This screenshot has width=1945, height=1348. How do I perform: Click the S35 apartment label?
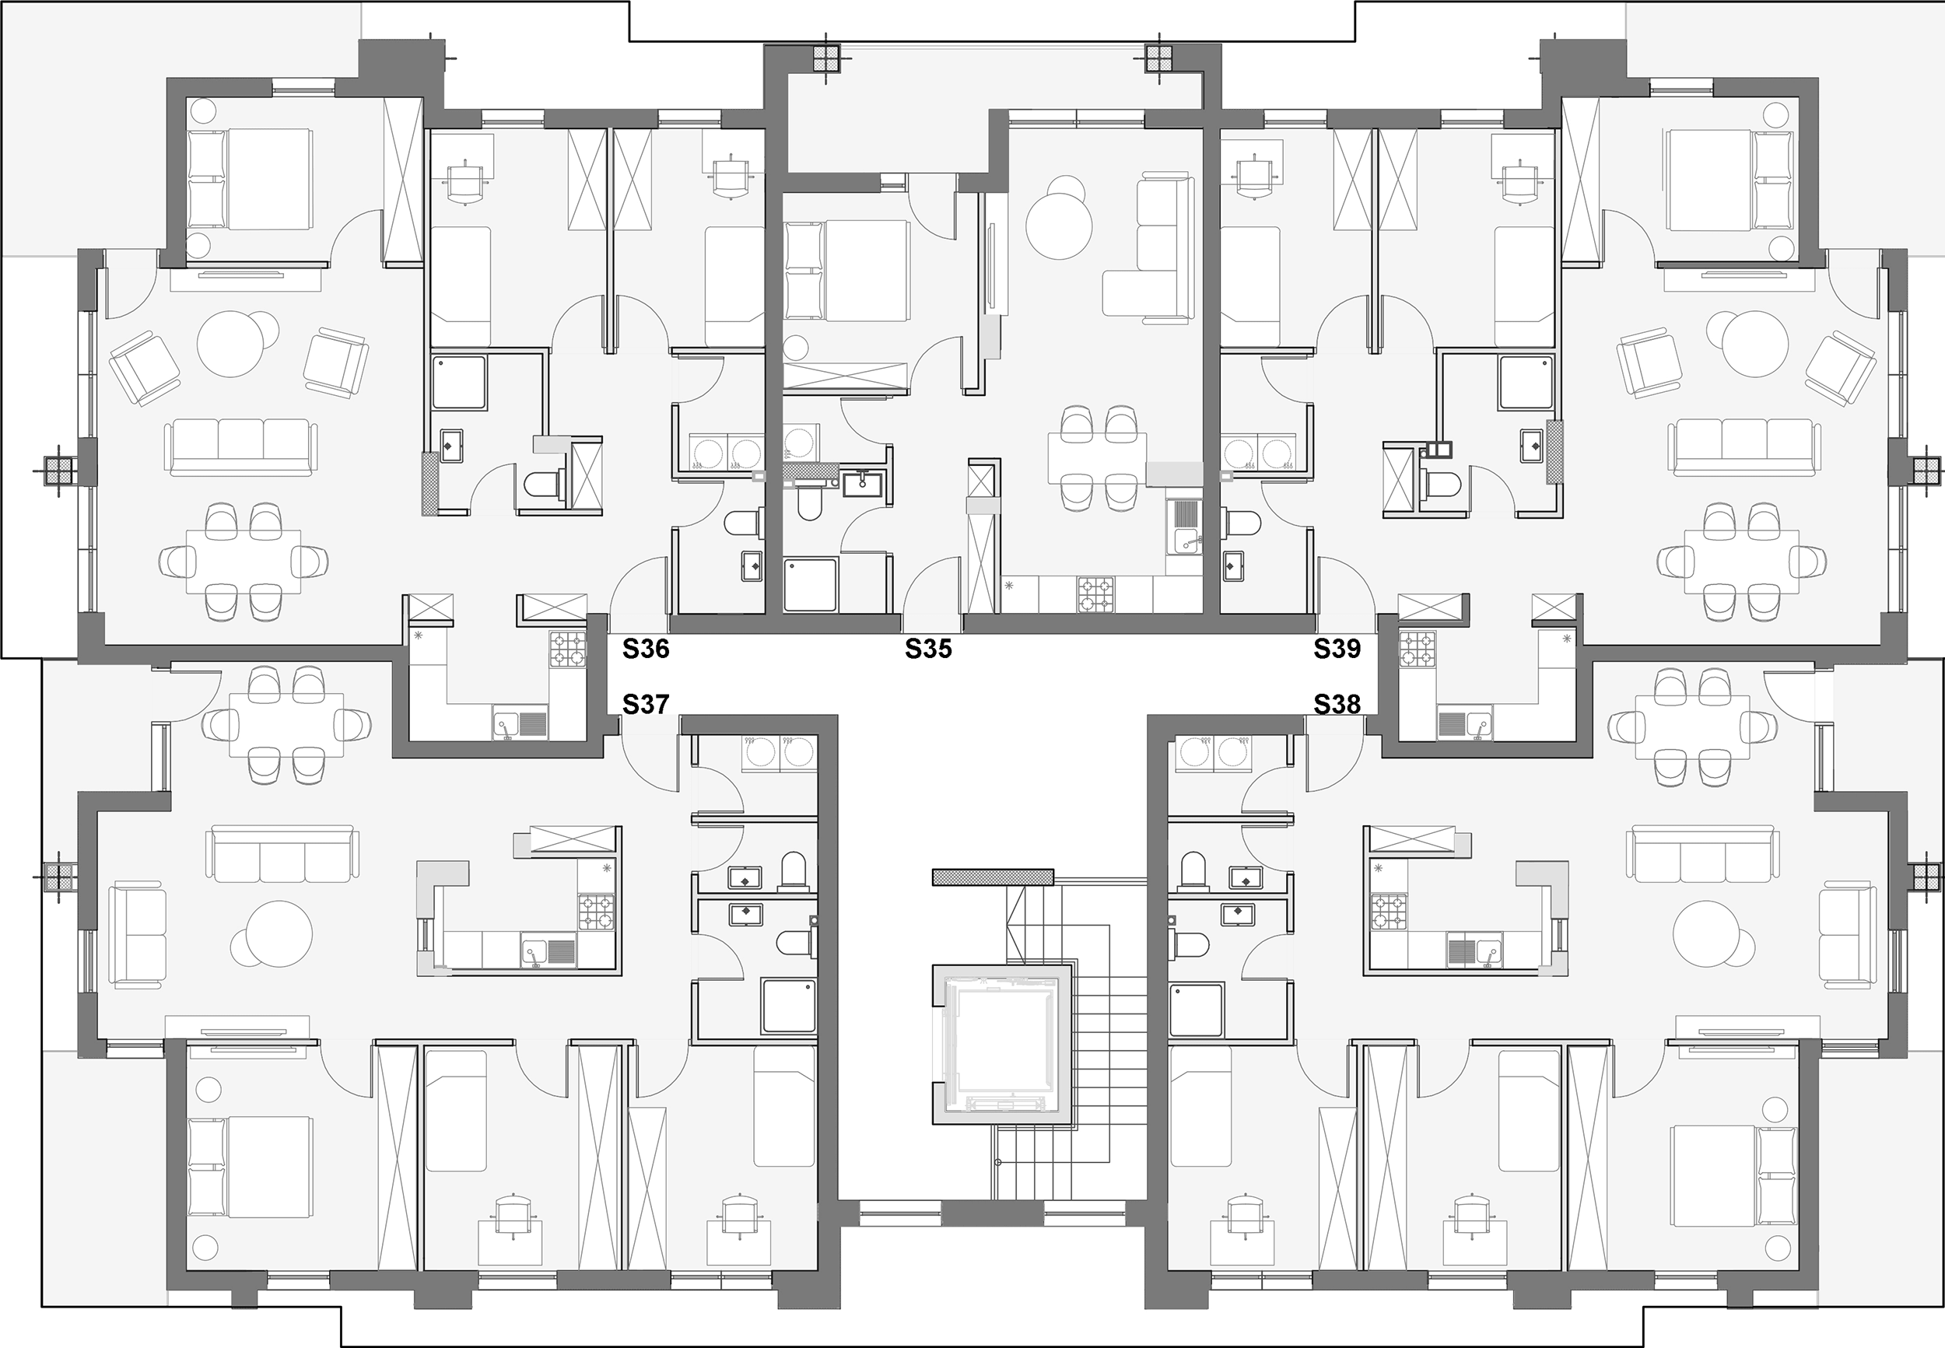(928, 649)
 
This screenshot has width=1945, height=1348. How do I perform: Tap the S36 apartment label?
(646, 649)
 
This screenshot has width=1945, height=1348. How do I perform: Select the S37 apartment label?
(646, 704)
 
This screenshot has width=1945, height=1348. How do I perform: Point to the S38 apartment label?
(1337, 704)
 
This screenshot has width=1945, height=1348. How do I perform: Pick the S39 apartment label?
(1337, 649)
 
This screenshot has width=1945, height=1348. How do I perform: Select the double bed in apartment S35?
(847, 270)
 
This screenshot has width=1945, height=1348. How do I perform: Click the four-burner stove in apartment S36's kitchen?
(567, 649)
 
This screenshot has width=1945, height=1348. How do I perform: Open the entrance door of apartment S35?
(932, 586)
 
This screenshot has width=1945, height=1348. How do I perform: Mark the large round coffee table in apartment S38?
(1707, 934)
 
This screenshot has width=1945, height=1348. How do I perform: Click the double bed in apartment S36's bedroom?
(250, 179)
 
